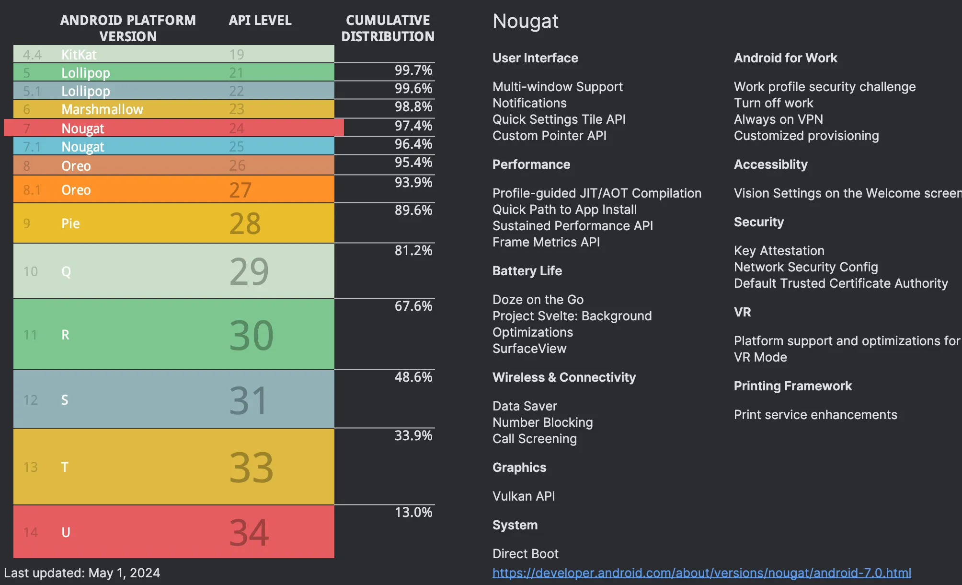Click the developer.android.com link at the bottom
(701, 573)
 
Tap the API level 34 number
(249, 532)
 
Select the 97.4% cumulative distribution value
(413, 126)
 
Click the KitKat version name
(79, 55)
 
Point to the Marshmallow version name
(102, 109)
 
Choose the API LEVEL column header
(260, 20)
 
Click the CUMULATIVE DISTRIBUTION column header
(388, 28)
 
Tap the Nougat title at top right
(525, 21)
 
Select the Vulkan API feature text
(524, 496)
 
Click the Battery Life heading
(527, 271)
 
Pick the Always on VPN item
(778, 119)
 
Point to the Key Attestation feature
(779, 250)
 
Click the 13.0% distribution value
(413, 512)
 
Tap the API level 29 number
(249, 271)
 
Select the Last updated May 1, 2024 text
(82, 573)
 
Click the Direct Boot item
(525, 553)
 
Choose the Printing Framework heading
(792, 386)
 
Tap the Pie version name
(70, 223)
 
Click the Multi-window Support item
(557, 87)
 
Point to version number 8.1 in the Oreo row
(32, 190)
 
